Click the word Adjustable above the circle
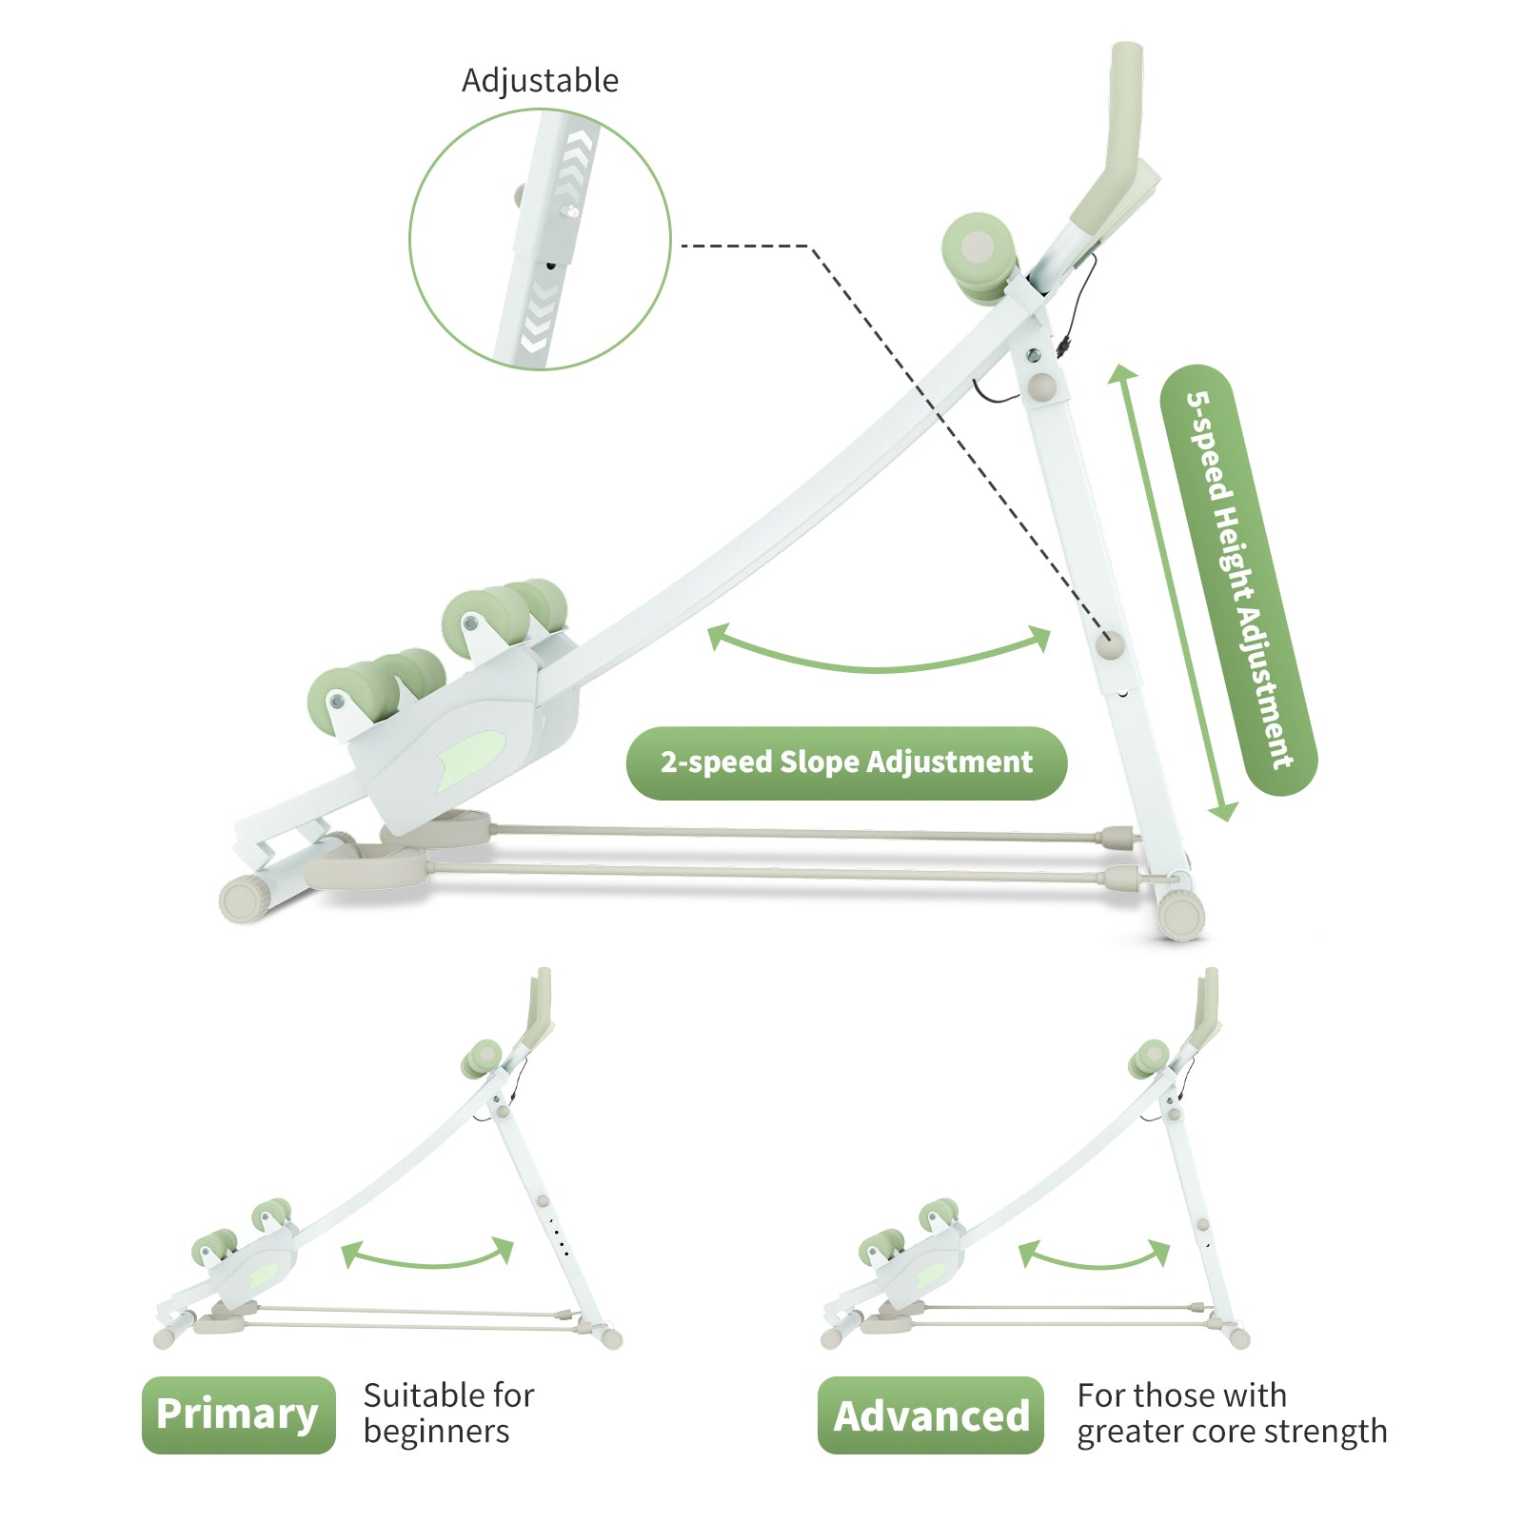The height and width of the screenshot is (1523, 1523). pyautogui.click(x=540, y=81)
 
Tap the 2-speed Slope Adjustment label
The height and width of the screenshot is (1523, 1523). pyautogui.click(x=846, y=762)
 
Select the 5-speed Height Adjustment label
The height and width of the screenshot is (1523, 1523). pyautogui.click(x=1238, y=580)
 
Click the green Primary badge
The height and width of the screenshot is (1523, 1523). pyautogui.click(x=238, y=1414)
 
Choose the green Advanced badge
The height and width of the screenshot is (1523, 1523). pyautogui.click(x=930, y=1415)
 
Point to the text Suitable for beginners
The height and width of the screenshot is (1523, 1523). pyautogui.click(x=448, y=1414)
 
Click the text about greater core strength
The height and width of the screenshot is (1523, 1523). pyautogui.click(x=1231, y=1414)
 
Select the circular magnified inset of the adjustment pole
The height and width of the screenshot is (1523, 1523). pyautogui.click(x=540, y=239)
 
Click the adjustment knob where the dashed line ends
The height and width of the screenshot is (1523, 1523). pyautogui.click(x=1110, y=644)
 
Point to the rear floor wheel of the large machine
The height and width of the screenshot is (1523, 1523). pyautogui.click(x=1181, y=916)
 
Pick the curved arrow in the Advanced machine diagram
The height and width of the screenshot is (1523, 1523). pyautogui.click(x=1094, y=1257)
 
